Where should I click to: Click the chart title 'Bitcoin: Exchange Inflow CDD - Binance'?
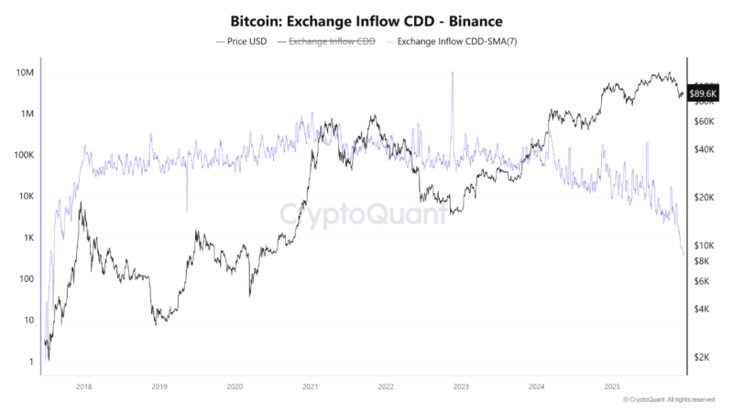(366, 19)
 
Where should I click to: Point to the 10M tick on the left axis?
(25, 72)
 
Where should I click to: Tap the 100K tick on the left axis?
(23, 156)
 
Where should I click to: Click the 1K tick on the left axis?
(27, 238)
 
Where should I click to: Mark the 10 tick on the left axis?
(29, 320)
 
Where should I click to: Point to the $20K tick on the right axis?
(705, 198)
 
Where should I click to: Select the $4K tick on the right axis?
(703, 309)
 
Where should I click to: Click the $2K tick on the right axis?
(703, 357)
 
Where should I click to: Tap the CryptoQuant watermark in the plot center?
(364, 214)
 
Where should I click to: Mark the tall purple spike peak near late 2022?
(453, 73)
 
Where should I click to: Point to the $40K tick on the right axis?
(705, 149)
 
